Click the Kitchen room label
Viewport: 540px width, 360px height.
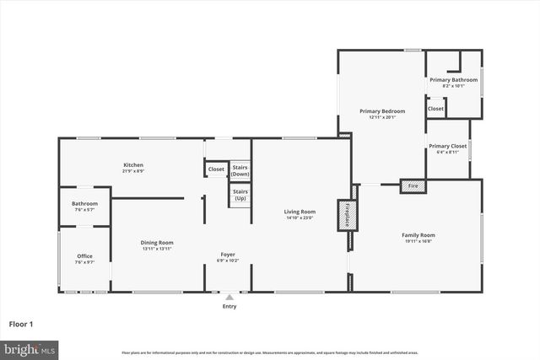pyautogui.click(x=133, y=164)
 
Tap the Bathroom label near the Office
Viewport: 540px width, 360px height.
pyautogui.click(x=84, y=203)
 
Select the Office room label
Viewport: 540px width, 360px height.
pyautogui.click(x=84, y=256)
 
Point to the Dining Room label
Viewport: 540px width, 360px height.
pyautogui.click(x=156, y=242)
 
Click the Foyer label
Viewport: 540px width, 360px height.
pyautogui.click(x=228, y=254)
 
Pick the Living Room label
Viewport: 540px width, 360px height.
pyautogui.click(x=300, y=212)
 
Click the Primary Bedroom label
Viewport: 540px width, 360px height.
pyautogui.click(x=382, y=111)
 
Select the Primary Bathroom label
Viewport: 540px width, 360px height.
pyautogui.click(x=453, y=80)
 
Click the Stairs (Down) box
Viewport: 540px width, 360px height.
pyautogui.click(x=240, y=170)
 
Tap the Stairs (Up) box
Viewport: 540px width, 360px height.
pyautogui.click(x=240, y=195)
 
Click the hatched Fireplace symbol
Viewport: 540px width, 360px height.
pyautogui.click(x=344, y=215)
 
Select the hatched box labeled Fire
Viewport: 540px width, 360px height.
pyautogui.click(x=413, y=185)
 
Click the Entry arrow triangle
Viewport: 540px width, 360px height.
pyautogui.click(x=229, y=297)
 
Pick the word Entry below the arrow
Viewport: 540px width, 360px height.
pyautogui.click(x=229, y=306)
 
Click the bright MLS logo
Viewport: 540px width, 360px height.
pyautogui.click(x=30, y=347)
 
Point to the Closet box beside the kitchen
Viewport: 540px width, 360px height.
pyautogui.click(x=216, y=169)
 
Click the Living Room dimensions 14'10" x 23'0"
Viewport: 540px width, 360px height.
pyautogui.click(x=300, y=218)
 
